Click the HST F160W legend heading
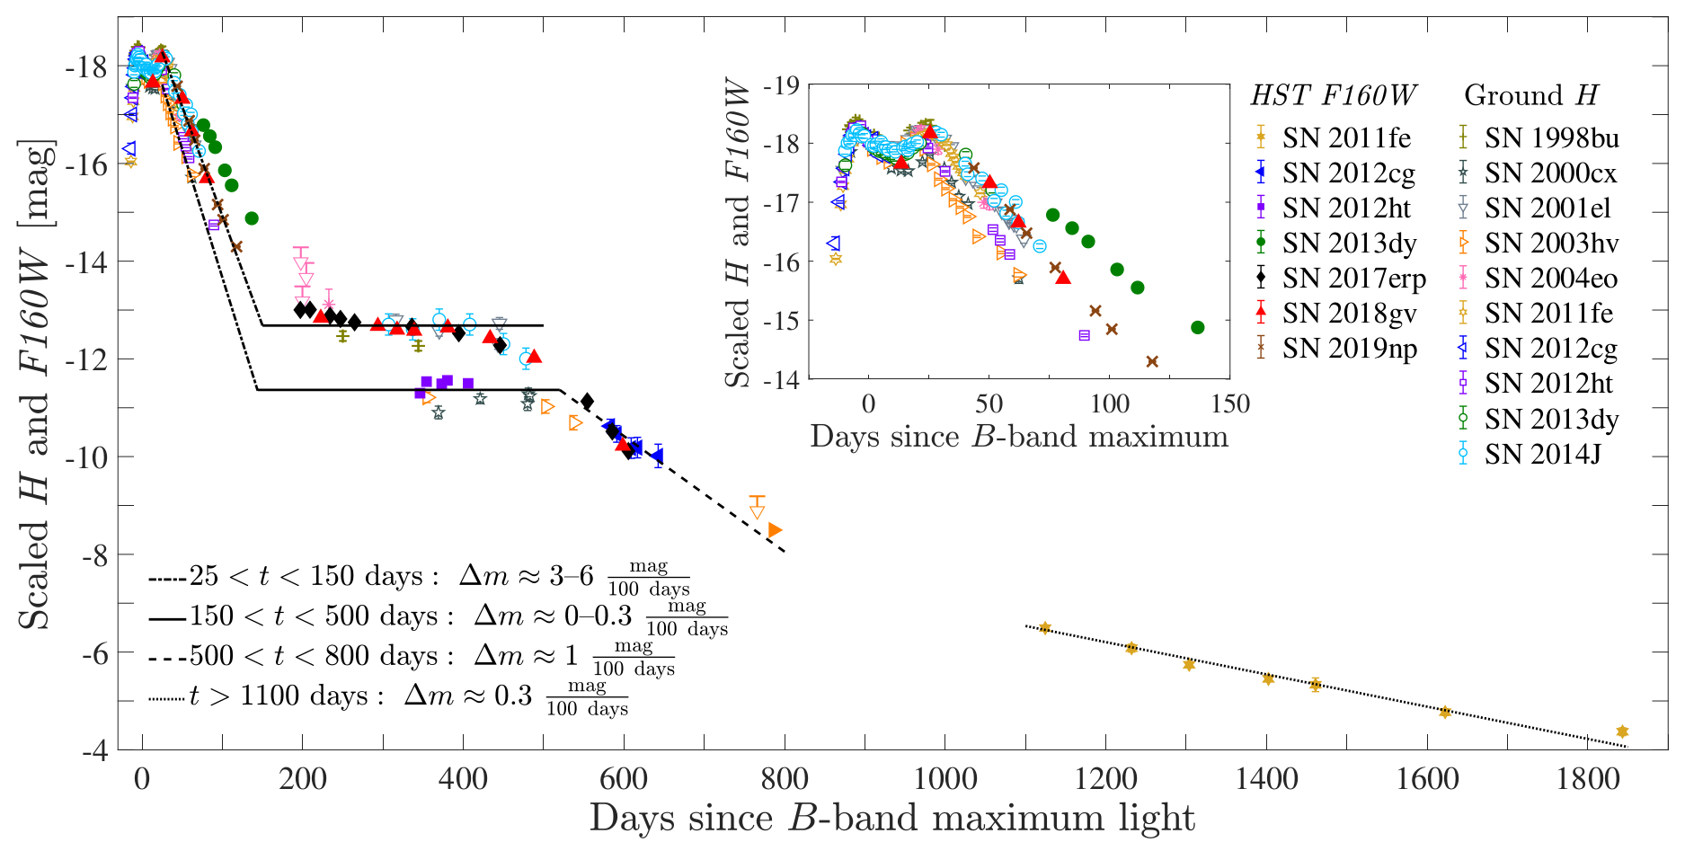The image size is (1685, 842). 1333,95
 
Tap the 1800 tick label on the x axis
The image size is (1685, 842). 1588,778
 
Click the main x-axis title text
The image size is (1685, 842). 891,819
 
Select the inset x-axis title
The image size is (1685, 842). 1019,437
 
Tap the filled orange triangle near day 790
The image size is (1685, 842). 775,530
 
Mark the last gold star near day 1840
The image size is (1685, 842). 1622,731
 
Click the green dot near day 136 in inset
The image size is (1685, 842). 1197,327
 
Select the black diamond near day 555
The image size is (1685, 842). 587,401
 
